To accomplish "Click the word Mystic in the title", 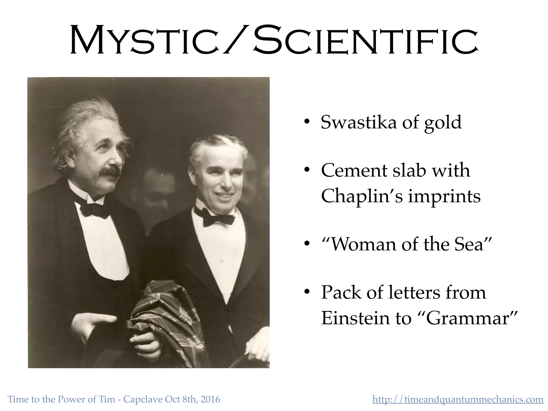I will coord(144,40).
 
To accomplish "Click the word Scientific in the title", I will coord(365,40).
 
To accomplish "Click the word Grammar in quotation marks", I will coord(467,318).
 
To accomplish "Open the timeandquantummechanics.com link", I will coord(458,399).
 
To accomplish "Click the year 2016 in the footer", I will coord(210,399).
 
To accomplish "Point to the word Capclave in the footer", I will coord(143,399).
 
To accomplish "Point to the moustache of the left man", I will coord(110,172).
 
